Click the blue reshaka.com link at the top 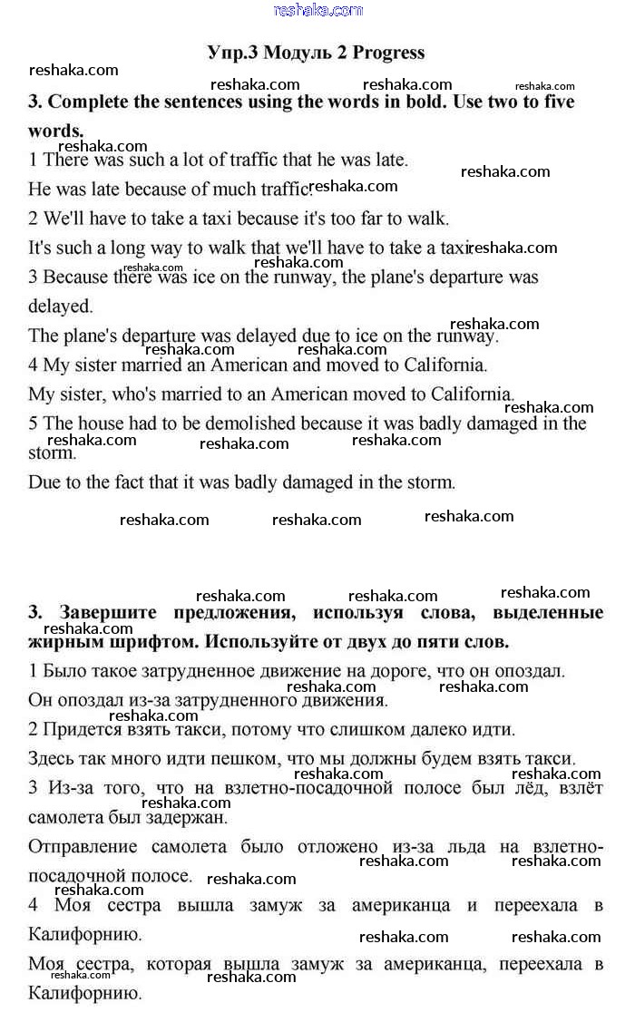pyautogui.click(x=317, y=10)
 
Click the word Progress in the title pyautogui.click(x=388, y=53)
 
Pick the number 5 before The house pyautogui.click(x=34, y=423)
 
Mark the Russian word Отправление pyautogui.click(x=83, y=847)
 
